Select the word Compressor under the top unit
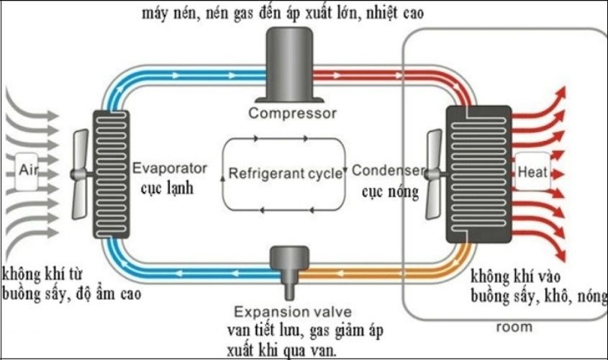pos(292,114)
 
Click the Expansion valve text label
pos(292,312)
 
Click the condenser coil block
pos(478,174)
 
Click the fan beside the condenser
pos(434,173)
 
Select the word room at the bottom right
pos(514,327)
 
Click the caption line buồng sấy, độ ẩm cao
pos(71,294)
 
